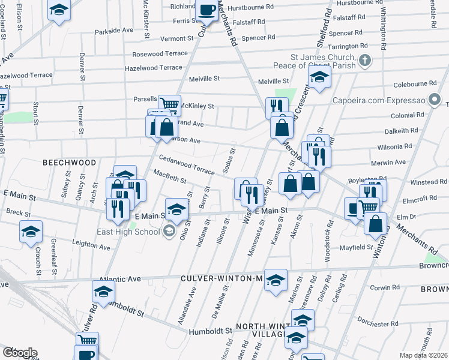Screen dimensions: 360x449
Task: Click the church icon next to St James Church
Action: [364, 60]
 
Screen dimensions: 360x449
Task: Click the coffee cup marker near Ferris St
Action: [208, 11]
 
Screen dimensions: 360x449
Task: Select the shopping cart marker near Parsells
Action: [169, 105]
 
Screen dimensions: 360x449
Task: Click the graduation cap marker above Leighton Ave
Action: [31, 231]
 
